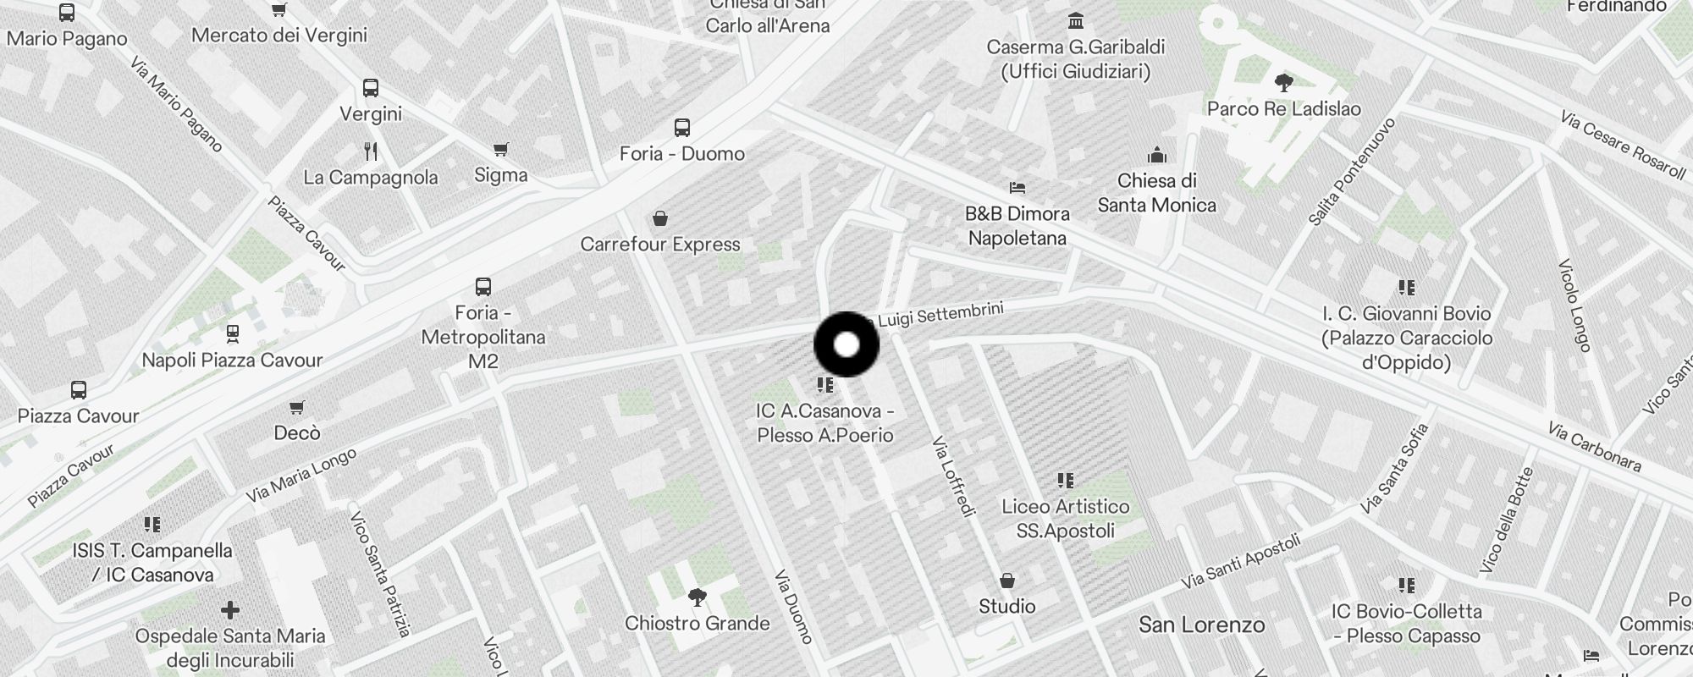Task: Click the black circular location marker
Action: click(846, 344)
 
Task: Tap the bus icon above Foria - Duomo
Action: click(682, 128)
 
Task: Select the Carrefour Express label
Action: click(660, 245)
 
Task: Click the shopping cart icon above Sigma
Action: click(501, 150)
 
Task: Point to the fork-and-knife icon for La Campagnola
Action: click(371, 151)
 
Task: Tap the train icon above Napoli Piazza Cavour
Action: click(233, 334)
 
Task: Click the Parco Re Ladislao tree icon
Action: click(1283, 83)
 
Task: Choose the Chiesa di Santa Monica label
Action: click(1156, 193)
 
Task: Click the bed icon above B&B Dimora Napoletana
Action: click(1017, 187)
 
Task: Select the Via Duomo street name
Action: click(793, 606)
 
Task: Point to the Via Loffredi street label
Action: click(953, 476)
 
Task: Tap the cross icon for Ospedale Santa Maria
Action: click(229, 610)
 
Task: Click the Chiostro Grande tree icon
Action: click(698, 598)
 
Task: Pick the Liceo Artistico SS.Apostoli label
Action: click(1065, 519)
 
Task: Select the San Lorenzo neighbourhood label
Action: click(1201, 625)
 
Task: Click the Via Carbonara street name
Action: click(1594, 447)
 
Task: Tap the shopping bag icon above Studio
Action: click(1007, 581)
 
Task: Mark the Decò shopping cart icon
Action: click(297, 408)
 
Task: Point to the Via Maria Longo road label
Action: click(301, 476)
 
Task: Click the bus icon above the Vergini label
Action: click(371, 88)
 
